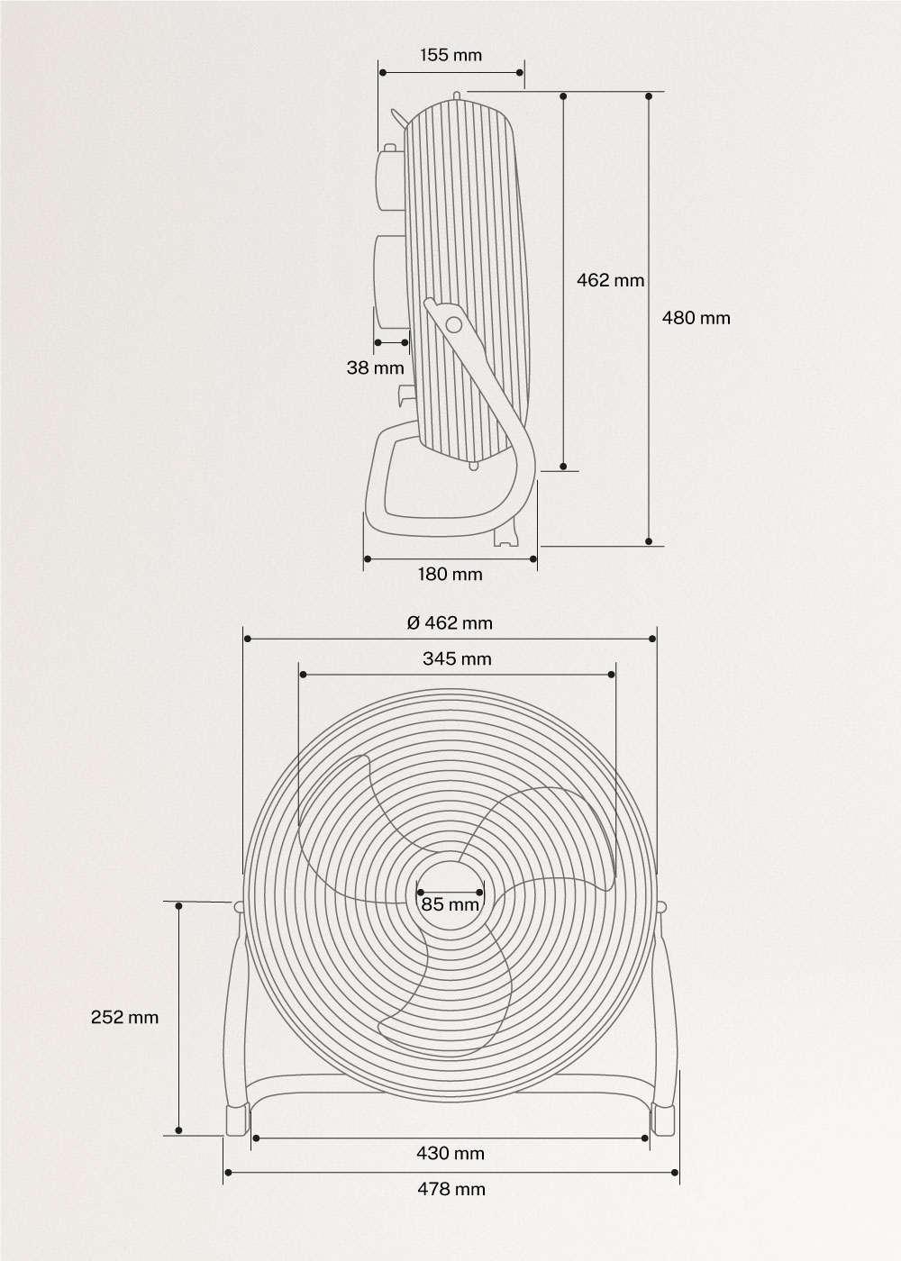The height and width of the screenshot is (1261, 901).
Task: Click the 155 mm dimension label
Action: click(x=450, y=55)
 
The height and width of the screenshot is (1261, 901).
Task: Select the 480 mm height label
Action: click(x=696, y=318)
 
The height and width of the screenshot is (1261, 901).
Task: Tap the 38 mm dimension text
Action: click(x=375, y=367)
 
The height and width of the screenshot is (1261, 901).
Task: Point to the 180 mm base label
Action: click(x=450, y=574)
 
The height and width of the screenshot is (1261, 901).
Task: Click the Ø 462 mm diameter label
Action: click(x=450, y=622)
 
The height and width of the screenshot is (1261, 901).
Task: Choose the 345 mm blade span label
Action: click(x=457, y=658)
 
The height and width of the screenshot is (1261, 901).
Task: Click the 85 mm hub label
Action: click(x=450, y=903)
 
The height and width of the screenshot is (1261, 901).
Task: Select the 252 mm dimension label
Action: click(x=124, y=1017)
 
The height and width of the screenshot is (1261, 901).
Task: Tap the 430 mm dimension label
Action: click(x=450, y=1153)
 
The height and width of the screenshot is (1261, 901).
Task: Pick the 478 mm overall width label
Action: click(x=450, y=1189)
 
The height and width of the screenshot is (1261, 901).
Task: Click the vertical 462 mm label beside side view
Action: click(x=610, y=280)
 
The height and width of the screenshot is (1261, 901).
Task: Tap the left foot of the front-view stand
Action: click(x=236, y=1119)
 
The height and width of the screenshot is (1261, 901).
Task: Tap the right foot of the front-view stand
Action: click(x=663, y=1119)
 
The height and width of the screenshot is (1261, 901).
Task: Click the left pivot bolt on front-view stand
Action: click(x=239, y=906)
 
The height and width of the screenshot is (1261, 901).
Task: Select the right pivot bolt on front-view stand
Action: click(x=661, y=906)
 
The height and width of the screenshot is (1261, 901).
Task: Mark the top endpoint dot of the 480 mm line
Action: click(x=649, y=95)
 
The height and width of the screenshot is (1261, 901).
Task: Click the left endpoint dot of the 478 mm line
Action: click(x=226, y=1172)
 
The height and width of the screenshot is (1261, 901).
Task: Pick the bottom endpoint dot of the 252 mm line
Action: click(x=179, y=1130)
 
